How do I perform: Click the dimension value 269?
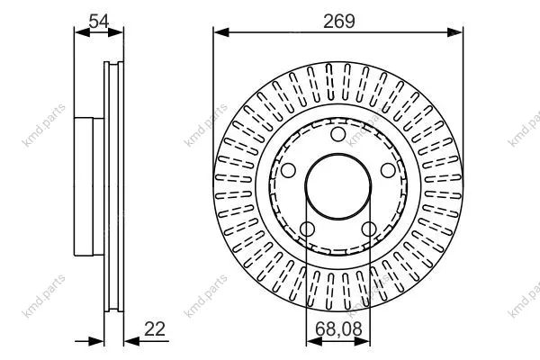click(339, 22)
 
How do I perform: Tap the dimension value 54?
click(98, 22)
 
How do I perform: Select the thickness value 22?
click(155, 329)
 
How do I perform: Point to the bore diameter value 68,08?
click(338, 329)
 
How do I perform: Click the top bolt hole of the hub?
click(338, 134)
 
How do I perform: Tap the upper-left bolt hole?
click(288, 170)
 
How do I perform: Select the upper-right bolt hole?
click(388, 170)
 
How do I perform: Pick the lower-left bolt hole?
click(307, 229)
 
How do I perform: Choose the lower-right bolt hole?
click(369, 229)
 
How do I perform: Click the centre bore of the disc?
click(338, 186)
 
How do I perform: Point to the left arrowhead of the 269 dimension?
click(221, 32)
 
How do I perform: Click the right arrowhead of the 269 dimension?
click(454, 32)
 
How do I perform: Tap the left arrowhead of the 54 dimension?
click(82, 32)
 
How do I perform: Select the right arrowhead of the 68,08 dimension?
click(363, 341)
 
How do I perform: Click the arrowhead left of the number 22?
click(131, 341)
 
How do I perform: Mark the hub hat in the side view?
click(89, 186)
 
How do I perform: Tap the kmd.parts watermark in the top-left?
click(43, 125)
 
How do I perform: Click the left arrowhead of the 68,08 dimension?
click(314, 341)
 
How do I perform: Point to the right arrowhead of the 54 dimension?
click(115, 32)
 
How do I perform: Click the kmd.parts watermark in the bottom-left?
click(43, 296)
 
